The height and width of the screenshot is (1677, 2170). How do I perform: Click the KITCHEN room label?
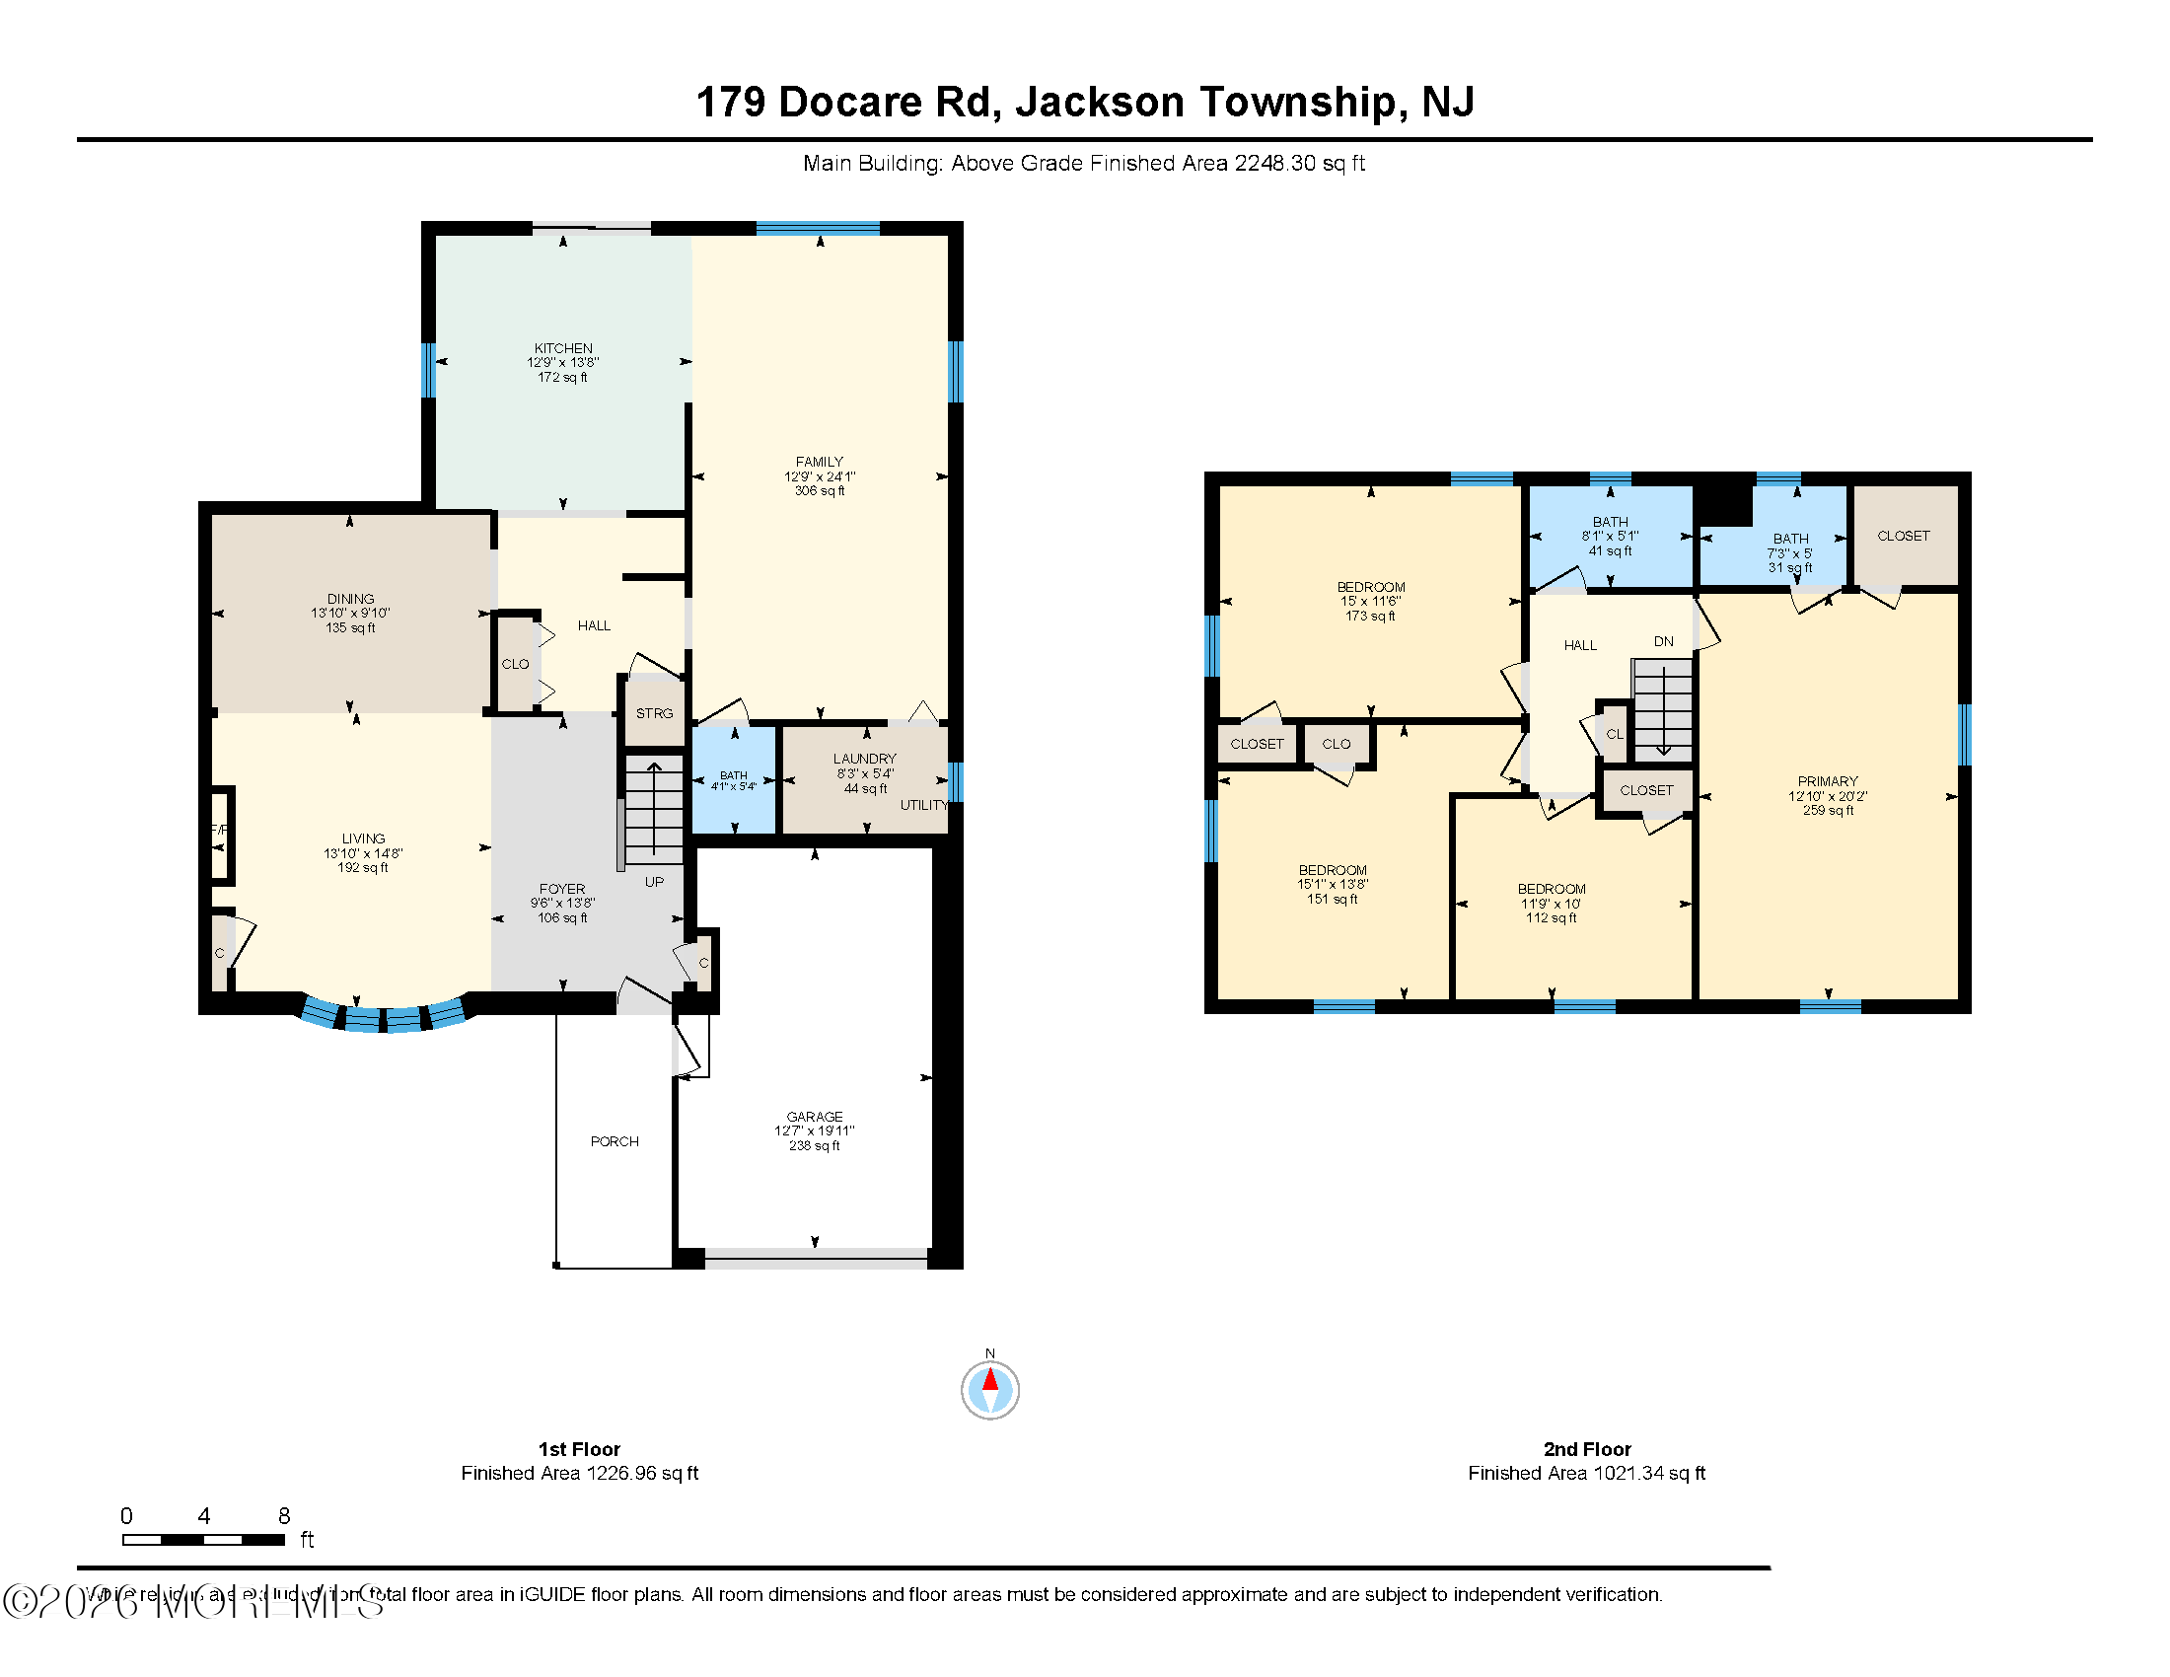(x=562, y=348)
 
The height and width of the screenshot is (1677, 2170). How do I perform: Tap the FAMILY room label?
(x=819, y=462)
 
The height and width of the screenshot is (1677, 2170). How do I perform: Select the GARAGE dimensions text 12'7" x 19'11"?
(x=814, y=1130)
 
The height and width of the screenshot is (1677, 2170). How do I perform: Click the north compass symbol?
(x=989, y=1389)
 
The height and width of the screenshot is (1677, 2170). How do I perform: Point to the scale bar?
(x=204, y=1539)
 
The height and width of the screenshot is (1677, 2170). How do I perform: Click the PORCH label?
(x=615, y=1141)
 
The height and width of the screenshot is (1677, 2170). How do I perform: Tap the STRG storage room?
(x=654, y=713)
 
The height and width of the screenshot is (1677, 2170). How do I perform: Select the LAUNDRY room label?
(x=864, y=759)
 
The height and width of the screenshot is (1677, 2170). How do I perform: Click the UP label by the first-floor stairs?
(x=654, y=882)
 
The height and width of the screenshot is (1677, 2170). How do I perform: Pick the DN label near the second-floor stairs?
(x=1663, y=642)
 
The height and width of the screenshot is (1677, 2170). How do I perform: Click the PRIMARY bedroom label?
(x=1827, y=782)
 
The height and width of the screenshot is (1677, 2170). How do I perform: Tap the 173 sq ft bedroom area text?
(x=1370, y=616)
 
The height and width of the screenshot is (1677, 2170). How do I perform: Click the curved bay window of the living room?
(x=384, y=1017)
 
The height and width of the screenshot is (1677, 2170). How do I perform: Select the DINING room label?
(x=350, y=599)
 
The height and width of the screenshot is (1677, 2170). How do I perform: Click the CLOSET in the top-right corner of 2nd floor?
(x=1903, y=536)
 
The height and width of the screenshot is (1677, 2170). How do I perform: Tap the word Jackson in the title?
(x=1099, y=103)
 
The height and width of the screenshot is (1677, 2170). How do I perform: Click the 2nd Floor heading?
(x=1587, y=1449)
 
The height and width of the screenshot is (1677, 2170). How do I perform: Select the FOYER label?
(x=561, y=889)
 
